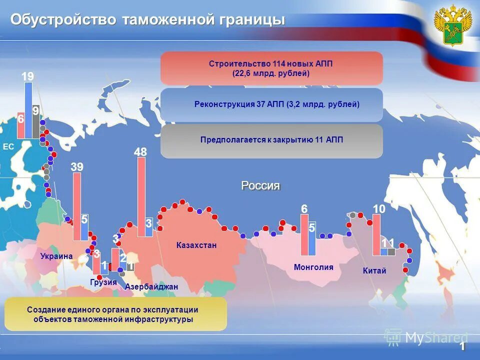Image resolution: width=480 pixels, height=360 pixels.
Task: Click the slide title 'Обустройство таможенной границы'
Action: [x=148, y=20]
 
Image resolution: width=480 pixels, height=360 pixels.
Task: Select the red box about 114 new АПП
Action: [x=271, y=68]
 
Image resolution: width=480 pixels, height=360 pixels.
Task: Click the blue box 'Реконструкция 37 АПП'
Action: [x=271, y=104]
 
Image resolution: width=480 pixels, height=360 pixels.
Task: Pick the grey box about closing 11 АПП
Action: [x=271, y=140]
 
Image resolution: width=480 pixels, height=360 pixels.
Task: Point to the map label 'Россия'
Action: [x=260, y=185]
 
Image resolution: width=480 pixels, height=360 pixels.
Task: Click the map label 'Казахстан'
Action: [x=196, y=245]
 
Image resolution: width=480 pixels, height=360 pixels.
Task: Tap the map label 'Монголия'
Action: [x=313, y=267]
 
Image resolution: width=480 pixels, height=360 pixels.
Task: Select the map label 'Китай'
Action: [x=374, y=271]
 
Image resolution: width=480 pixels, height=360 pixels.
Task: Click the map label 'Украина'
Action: [x=56, y=256]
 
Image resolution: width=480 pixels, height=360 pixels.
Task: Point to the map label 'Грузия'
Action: [x=103, y=282]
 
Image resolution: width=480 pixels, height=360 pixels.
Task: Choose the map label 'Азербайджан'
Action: [x=151, y=287]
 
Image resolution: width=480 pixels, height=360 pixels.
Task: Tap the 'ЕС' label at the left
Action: [x=8, y=146]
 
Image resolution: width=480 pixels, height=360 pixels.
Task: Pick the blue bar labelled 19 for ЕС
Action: [x=28, y=110]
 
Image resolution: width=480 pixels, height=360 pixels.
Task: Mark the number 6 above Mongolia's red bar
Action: [x=304, y=208]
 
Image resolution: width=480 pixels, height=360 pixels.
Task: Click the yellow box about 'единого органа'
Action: [x=115, y=314]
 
